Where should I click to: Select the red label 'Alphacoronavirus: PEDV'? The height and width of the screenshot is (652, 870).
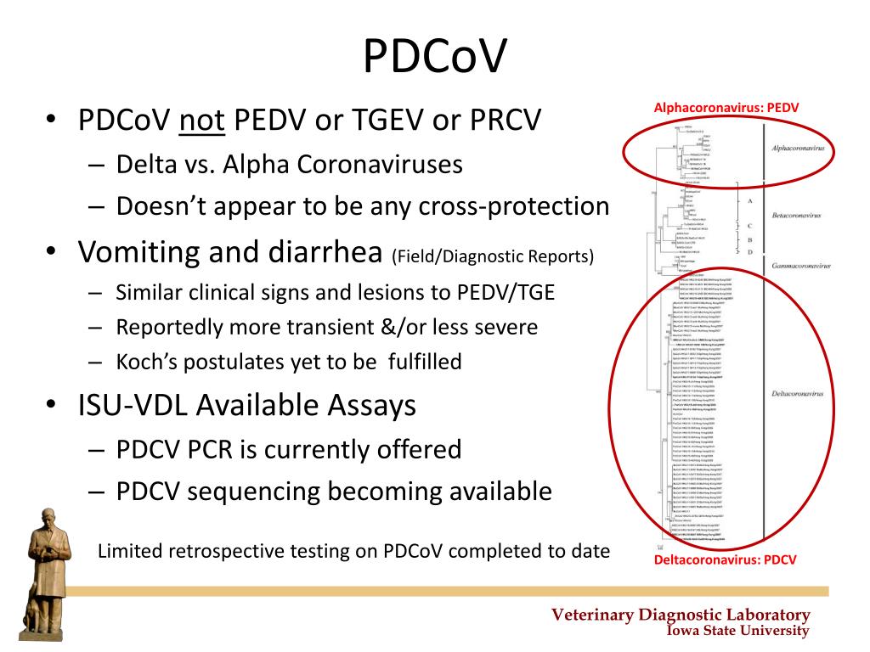pyautogui.click(x=726, y=108)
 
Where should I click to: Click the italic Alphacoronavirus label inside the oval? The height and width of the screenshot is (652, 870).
pyautogui.click(x=798, y=149)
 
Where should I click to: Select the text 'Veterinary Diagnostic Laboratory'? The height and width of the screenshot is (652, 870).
pyautogui.click(x=681, y=615)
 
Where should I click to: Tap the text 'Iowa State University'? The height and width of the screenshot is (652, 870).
pyautogui.click(x=737, y=630)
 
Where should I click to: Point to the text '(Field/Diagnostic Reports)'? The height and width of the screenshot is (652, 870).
pyautogui.click(x=493, y=256)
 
